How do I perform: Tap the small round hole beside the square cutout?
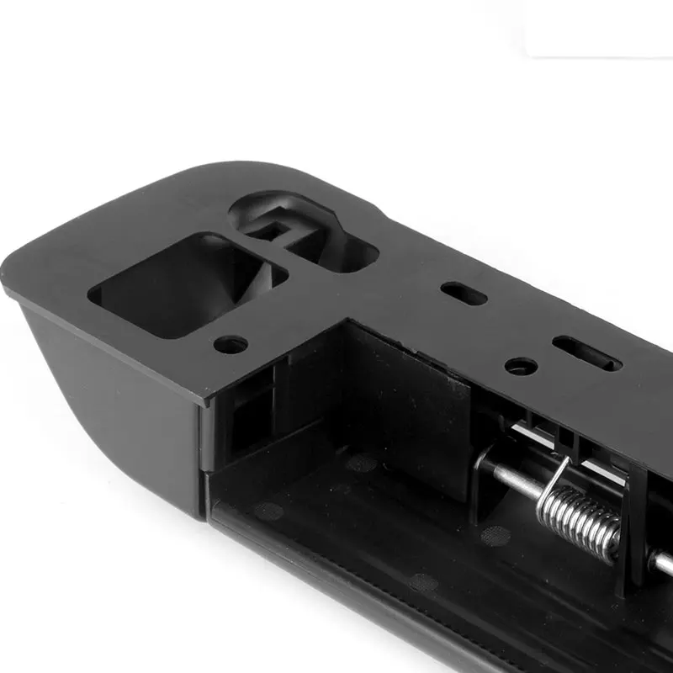tap(231, 344)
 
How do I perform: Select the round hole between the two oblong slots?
tap(521, 366)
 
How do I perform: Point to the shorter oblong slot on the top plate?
tap(464, 294)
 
